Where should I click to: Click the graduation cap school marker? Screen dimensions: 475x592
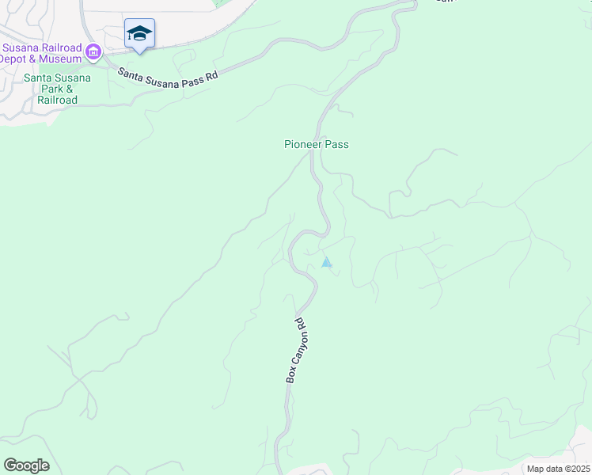(x=139, y=33)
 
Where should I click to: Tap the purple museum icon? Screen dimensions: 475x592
(x=94, y=53)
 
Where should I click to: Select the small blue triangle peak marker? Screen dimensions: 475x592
(x=326, y=262)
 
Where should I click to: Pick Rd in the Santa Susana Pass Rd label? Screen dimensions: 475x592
(x=207, y=73)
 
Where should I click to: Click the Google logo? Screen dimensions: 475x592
(x=26, y=465)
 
